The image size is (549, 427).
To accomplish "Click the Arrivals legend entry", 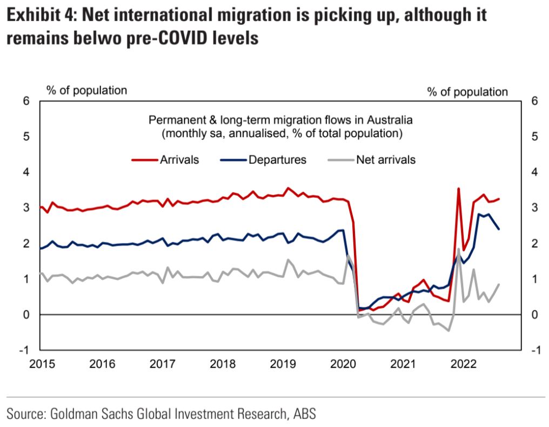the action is click(x=165, y=160).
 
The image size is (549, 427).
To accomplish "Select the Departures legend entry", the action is click(x=263, y=160).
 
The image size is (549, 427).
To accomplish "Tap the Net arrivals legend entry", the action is click(x=372, y=160).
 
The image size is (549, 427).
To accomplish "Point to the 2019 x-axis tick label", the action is click(x=283, y=364).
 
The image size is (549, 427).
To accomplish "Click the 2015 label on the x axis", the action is click(x=42, y=364).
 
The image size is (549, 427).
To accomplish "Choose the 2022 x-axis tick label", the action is click(x=463, y=364).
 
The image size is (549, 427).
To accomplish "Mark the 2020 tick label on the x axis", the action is click(x=343, y=364).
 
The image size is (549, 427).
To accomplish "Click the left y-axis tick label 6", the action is click(x=26, y=101).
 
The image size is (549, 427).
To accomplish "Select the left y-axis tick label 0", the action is click(x=26, y=315).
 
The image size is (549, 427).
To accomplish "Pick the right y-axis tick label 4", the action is click(x=534, y=172).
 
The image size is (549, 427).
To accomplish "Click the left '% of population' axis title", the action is click(x=86, y=90).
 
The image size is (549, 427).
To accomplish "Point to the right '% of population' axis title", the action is click(x=467, y=92).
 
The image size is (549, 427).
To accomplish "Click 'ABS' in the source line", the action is click(x=305, y=413).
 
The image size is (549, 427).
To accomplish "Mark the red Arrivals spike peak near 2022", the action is click(x=458, y=189).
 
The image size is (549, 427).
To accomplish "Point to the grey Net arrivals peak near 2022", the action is click(x=458, y=249).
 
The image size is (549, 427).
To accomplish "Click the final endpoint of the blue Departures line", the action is click(x=499, y=229).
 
